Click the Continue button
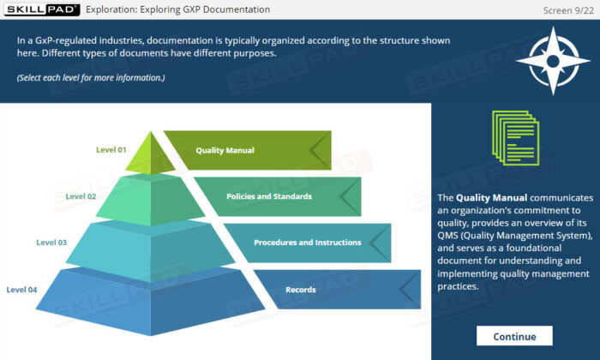[x=514, y=336]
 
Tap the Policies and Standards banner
[x=269, y=196]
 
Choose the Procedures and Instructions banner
[x=307, y=243]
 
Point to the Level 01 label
[x=111, y=150]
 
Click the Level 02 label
[x=81, y=196]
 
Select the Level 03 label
[x=51, y=243]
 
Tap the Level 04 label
[x=21, y=290]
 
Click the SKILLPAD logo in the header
[x=41, y=9]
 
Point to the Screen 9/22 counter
[x=568, y=9]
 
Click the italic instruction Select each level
[x=90, y=78]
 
